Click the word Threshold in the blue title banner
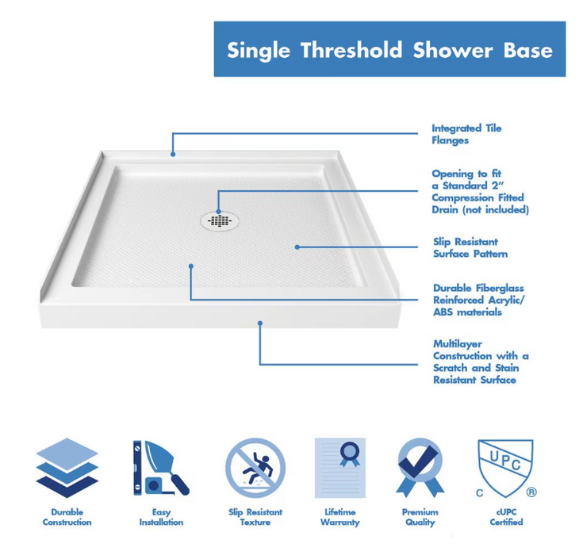(352, 50)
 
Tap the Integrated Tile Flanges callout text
(466, 134)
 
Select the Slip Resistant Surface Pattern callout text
(470, 247)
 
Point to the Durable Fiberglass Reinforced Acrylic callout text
(478, 300)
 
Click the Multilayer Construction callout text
(480, 362)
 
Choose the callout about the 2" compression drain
(479, 192)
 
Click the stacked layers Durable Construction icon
(67, 467)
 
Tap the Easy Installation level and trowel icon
(161, 468)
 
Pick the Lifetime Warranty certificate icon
(340, 468)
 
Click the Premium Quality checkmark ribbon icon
(420, 468)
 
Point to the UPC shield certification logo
(504, 465)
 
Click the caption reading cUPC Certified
(505, 517)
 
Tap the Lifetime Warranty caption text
(340, 517)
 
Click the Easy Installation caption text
(161, 517)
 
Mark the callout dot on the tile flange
(173, 153)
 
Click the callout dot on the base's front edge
(259, 323)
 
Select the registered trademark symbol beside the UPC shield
(531, 492)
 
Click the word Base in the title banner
(527, 50)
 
